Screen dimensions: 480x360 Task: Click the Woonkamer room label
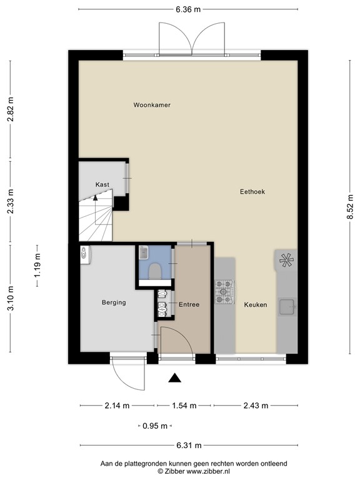[x=152, y=105]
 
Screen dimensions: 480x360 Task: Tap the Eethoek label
[x=252, y=192]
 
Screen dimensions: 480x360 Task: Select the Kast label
[x=102, y=184]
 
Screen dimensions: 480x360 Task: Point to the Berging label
[x=114, y=302]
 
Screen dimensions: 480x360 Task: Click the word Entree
[x=189, y=305]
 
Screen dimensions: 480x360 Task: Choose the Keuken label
[x=256, y=305]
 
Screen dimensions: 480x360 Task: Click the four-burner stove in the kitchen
[x=224, y=292]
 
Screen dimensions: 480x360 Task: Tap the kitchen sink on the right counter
[x=287, y=306]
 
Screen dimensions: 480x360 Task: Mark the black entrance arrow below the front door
[x=176, y=377]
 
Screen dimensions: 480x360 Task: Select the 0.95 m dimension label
[x=154, y=426]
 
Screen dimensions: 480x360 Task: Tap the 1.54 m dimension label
[x=184, y=406]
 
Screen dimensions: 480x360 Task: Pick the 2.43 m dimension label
[x=255, y=406]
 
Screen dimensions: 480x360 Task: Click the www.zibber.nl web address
[x=207, y=471]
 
